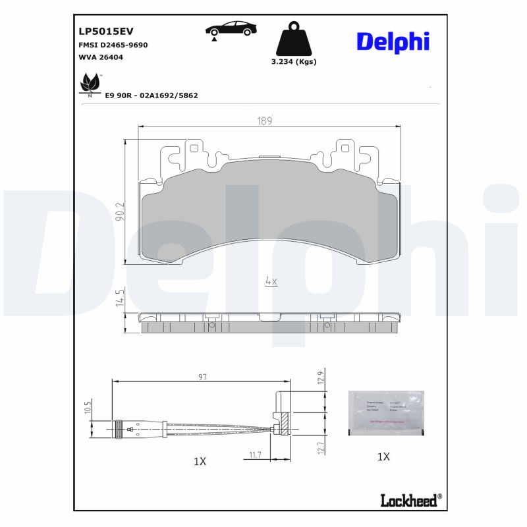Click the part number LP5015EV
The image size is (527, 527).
(105, 31)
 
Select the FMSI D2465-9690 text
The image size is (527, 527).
(113, 45)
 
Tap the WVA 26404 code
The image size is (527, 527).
(100, 57)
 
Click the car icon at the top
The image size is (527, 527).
(231, 30)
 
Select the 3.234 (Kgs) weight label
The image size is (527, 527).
(294, 62)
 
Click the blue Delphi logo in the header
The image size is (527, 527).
(393, 41)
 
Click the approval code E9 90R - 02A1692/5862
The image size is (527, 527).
(152, 96)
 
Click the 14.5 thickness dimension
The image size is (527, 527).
(119, 298)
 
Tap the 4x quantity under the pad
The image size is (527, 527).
(271, 281)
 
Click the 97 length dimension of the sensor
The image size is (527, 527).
(202, 377)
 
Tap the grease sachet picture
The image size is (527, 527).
(385, 412)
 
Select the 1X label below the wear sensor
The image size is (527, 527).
(200, 462)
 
